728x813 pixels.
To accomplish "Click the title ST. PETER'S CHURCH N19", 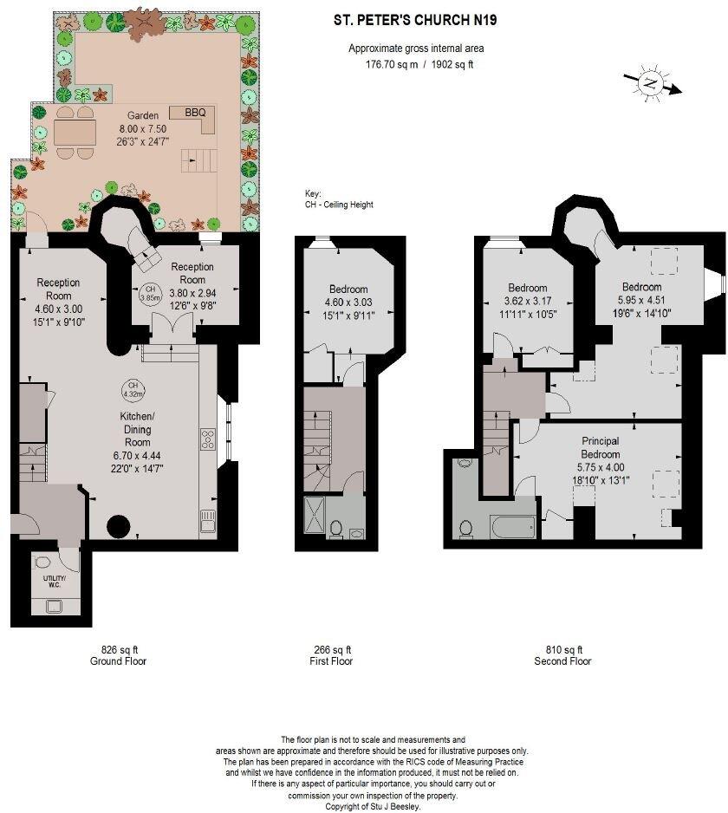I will tap(416, 19).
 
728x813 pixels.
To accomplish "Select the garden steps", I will tap(198, 162).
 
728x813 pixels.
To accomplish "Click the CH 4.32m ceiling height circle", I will tap(133, 390).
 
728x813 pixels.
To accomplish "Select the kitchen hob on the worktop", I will tap(207, 439).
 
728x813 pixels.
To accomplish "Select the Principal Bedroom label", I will tap(600, 448).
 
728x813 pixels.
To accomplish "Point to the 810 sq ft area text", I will tap(562, 649).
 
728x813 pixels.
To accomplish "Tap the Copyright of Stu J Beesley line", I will tap(373, 806).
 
